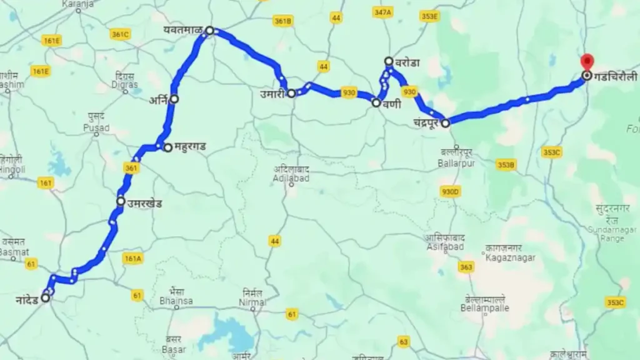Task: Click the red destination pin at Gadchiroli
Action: [x=586, y=62]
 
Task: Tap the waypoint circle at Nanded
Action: [x=46, y=298]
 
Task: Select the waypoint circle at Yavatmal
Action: [x=210, y=30]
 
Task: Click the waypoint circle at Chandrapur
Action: [x=446, y=123]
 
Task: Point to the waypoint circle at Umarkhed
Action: [x=121, y=201]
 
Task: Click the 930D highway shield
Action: [x=450, y=191]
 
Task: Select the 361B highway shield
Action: [x=282, y=21]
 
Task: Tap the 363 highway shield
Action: [x=466, y=267]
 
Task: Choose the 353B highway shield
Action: [x=506, y=164]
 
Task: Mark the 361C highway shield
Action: [x=120, y=34]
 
